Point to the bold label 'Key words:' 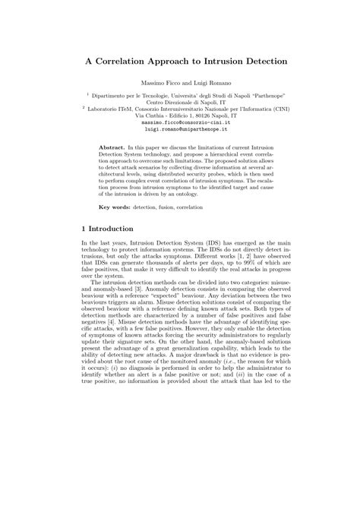point(115,207)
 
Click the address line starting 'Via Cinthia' point(180,114)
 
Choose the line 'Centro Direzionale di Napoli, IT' point(180,102)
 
